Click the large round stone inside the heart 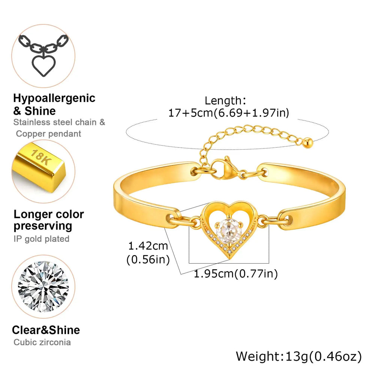(229, 231)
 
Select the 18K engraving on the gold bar (41, 157)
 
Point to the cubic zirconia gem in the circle (43, 286)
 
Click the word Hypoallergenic (54, 99)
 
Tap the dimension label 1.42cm (148, 246)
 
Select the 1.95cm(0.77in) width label (236, 274)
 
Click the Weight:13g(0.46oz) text (299, 356)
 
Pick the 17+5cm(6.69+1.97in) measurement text (229, 113)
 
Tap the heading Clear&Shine (46, 330)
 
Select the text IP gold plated (42, 239)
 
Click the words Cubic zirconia (42, 342)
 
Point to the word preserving (43, 226)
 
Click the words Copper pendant (48, 134)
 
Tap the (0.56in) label (148, 259)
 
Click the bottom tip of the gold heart (229, 259)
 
